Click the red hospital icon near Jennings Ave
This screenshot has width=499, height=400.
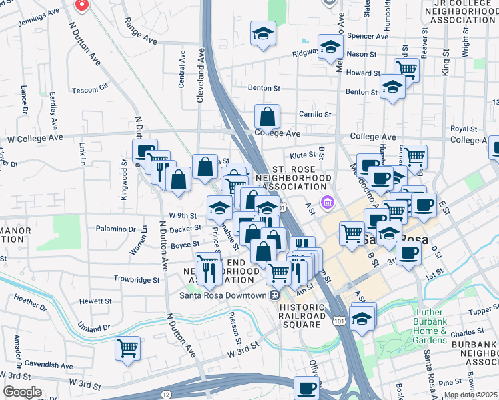81,5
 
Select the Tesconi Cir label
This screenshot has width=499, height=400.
90,87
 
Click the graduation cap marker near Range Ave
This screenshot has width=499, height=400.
263,33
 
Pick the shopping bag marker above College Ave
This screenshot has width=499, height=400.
267,117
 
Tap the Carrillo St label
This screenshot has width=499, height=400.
315,115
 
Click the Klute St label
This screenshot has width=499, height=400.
302,155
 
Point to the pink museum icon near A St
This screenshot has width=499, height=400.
327,201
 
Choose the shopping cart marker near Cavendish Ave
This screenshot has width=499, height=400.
127,348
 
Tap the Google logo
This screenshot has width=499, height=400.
22,392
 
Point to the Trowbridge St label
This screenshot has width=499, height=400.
137,280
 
